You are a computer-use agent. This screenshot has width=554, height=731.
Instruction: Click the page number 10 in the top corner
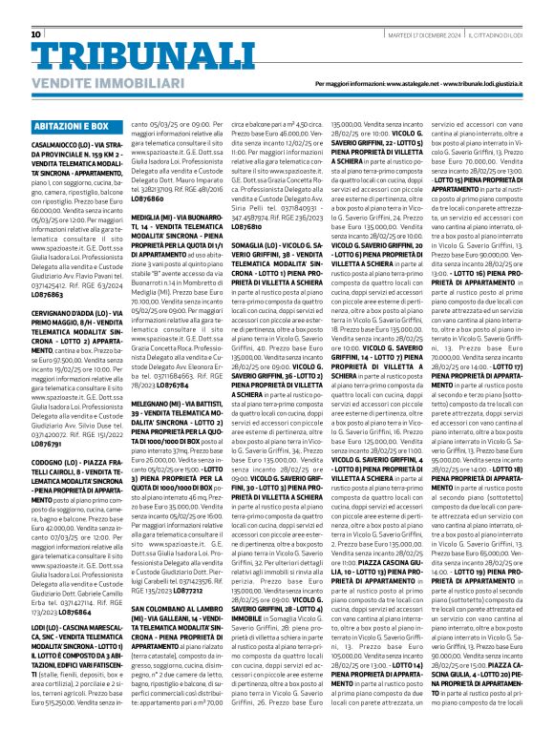tap(36, 9)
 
